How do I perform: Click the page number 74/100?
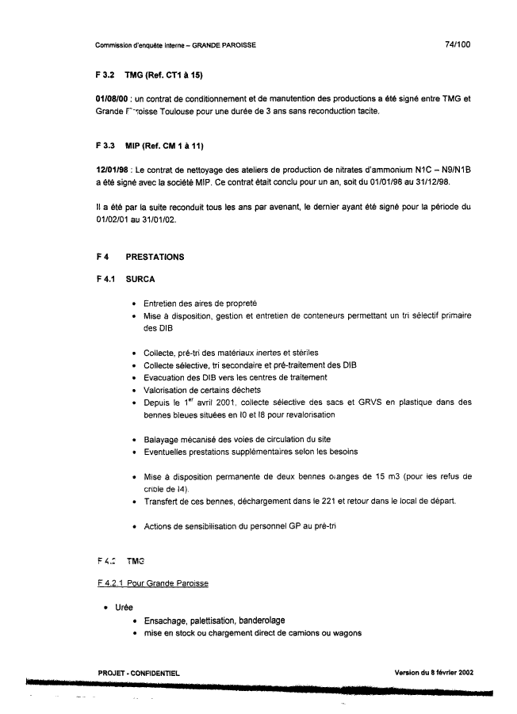click(458, 44)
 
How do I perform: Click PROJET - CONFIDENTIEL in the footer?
click(139, 673)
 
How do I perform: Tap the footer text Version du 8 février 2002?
click(434, 673)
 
